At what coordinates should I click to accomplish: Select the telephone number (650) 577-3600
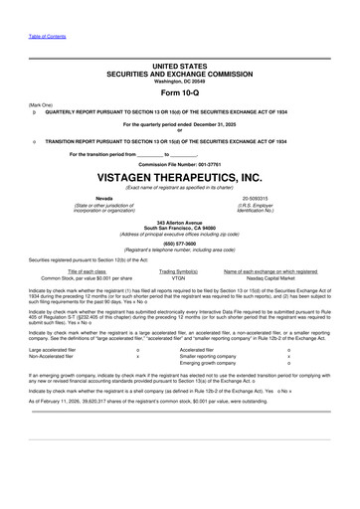[179, 242]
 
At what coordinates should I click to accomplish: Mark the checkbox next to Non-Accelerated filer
[137, 356]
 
